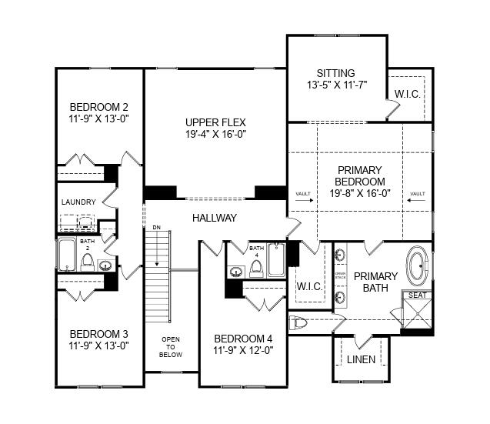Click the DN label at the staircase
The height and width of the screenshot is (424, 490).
[156, 228]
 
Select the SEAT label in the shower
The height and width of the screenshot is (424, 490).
[418, 295]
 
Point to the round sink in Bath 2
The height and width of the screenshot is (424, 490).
[105, 266]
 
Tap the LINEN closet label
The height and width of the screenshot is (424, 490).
[361, 359]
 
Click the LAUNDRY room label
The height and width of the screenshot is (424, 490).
[78, 202]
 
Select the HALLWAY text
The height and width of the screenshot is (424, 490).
[215, 218]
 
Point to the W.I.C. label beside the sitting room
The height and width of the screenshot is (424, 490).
[407, 94]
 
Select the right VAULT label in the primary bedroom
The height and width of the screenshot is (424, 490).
[418, 194]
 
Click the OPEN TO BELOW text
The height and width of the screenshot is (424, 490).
[170, 347]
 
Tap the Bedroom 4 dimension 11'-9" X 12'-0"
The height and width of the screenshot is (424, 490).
[243, 350]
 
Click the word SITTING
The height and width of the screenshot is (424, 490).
[335, 73]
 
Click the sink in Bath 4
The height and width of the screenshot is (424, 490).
[237, 271]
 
